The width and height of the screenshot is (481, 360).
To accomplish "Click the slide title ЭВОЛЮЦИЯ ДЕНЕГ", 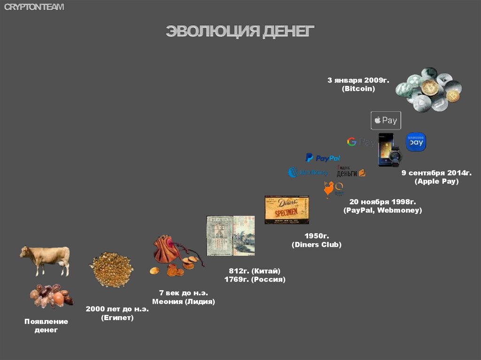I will [x=240, y=31].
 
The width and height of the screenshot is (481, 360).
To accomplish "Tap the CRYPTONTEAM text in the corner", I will [x=34, y=7].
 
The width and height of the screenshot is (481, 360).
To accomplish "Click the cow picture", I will [x=45, y=260].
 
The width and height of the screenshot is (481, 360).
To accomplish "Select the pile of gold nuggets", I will [x=111, y=269].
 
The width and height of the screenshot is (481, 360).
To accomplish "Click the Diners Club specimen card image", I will [x=287, y=210].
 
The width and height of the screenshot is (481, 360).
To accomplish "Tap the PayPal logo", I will [x=323, y=158].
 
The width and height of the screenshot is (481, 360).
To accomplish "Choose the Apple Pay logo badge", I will [x=386, y=121].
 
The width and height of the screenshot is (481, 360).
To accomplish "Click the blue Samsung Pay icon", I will [x=416, y=142].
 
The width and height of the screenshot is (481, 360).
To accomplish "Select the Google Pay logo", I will [x=361, y=142].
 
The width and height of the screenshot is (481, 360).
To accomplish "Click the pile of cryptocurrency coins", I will [x=428, y=90].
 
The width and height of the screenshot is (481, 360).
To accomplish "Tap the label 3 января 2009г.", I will [x=358, y=80].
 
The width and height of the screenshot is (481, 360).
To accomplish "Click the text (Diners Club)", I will [x=316, y=245].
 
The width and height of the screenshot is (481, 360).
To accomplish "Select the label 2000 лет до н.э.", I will [x=117, y=309].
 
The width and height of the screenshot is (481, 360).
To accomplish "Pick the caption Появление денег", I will [x=46, y=326].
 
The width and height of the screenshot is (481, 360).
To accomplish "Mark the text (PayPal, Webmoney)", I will [x=382, y=210].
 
